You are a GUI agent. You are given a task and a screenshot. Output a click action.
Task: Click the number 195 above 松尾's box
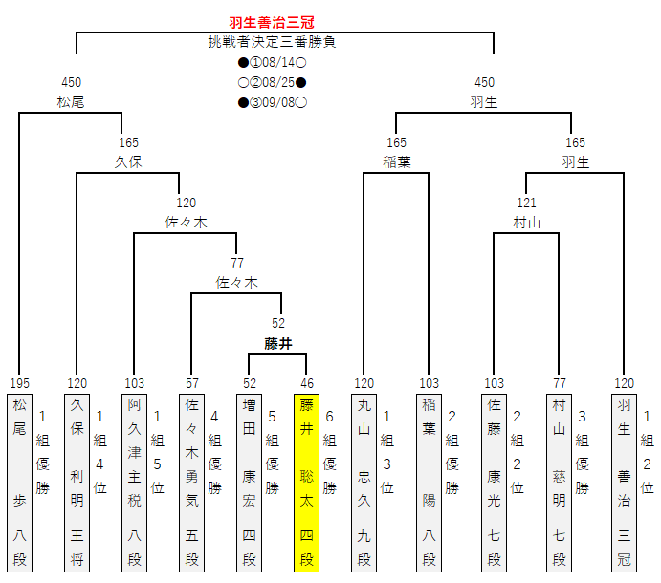[19, 383]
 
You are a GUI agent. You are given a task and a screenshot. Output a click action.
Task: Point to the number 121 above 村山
[526, 203]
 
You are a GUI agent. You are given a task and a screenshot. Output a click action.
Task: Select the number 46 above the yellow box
[306, 383]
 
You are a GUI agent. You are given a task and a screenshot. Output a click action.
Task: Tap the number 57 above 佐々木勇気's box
[191, 383]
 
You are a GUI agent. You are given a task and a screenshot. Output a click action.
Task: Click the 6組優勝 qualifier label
[330, 451]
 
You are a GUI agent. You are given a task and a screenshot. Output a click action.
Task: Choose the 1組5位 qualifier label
[158, 451]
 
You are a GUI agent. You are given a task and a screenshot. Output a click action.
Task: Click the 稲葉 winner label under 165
[396, 162]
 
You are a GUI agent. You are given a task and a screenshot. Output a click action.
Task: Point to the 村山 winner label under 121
[526, 222]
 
